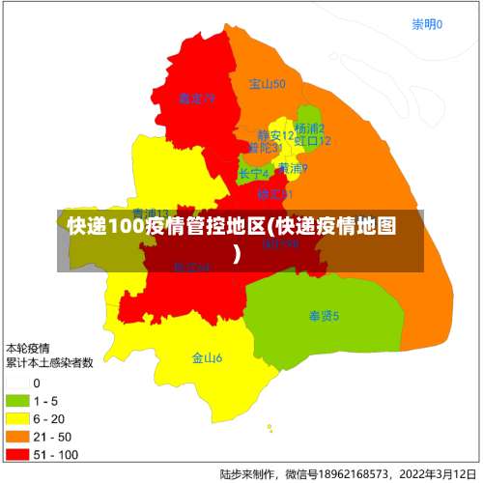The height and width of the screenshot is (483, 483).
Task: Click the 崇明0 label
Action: (x=426, y=25)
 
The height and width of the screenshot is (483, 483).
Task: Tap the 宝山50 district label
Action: (x=267, y=85)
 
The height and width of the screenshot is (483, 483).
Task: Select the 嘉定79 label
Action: (x=196, y=99)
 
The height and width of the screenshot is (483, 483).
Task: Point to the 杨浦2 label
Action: (x=309, y=128)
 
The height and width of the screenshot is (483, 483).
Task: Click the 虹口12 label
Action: (x=313, y=141)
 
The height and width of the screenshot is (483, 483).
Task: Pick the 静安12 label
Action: (x=275, y=135)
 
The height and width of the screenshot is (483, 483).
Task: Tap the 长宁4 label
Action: (x=254, y=174)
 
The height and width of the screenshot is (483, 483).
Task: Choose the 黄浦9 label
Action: (x=293, y=169)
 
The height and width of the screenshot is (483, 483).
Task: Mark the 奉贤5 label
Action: (x=324, y=316)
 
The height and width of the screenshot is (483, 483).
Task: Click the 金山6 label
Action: (x=207, y=358)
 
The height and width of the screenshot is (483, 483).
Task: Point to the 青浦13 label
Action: (x=151, y=213)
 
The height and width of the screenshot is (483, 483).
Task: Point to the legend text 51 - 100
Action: (x=55, y=454)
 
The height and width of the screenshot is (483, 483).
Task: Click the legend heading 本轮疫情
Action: (x=29, y=348)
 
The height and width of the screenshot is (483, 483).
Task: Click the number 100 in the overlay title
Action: (x=125, y=227)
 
